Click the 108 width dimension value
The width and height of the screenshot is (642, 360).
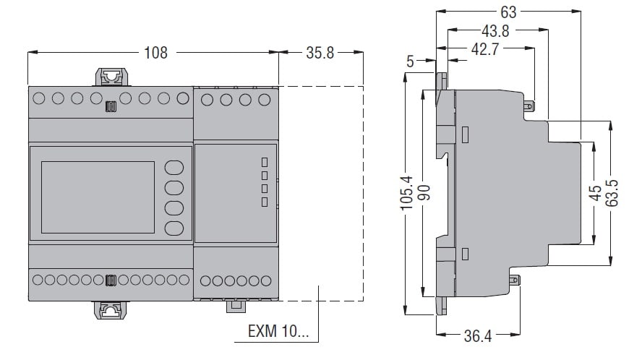coord(155,53)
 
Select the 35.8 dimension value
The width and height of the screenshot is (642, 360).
coord(320,53)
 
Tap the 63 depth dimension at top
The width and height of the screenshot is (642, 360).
coord(509,12)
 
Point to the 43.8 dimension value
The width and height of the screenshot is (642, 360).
coord(496,30)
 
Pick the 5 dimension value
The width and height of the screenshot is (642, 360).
coord(410,62)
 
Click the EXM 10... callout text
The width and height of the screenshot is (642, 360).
coord(277,334)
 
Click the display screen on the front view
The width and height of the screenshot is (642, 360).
coord(98,197)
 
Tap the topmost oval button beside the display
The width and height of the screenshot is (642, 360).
coord(174,168)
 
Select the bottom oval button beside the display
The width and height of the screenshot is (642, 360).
coord(174,229)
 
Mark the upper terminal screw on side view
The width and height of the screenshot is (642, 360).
coord(531,107)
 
